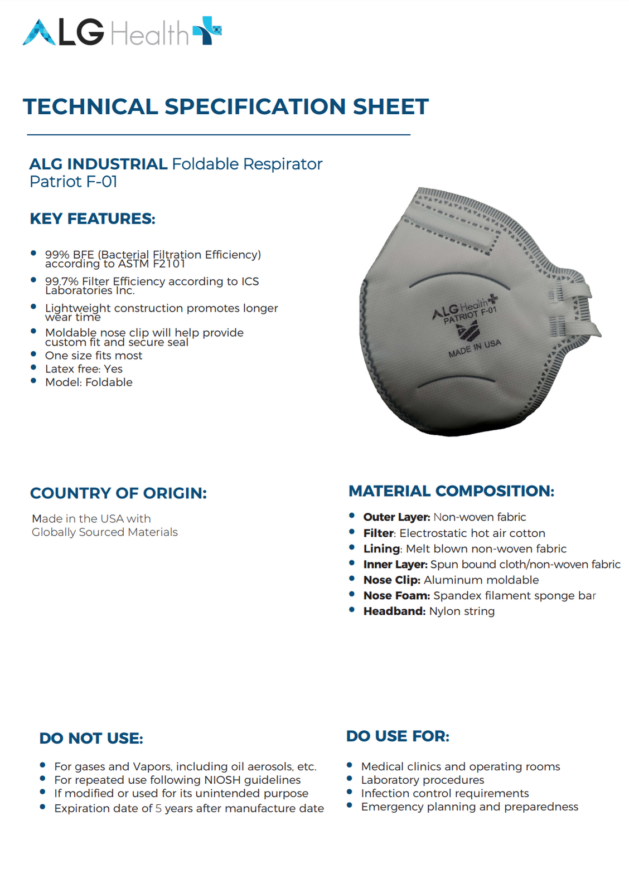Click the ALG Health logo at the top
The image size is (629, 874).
coord(122,32)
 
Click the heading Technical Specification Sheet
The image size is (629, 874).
coord(226,106)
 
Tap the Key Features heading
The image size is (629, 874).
coord(93,219)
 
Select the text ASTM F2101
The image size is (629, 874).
coord(153,264)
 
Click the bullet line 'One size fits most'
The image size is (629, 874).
coord(94,356)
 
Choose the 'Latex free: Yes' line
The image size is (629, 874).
coord(84,369)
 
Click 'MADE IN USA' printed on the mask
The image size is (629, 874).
coord(475,348)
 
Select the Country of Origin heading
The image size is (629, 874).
coord(118,493)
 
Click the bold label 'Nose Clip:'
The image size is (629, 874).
coord(391,580)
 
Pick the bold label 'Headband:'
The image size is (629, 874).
coord(394,611)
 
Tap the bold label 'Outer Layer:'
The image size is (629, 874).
coord(396,517)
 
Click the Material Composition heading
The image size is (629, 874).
coord(451,491)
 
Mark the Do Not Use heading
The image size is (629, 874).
coord(91,739)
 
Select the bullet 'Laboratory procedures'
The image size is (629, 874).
coord(422,780)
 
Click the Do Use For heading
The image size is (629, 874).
coord(398,736)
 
